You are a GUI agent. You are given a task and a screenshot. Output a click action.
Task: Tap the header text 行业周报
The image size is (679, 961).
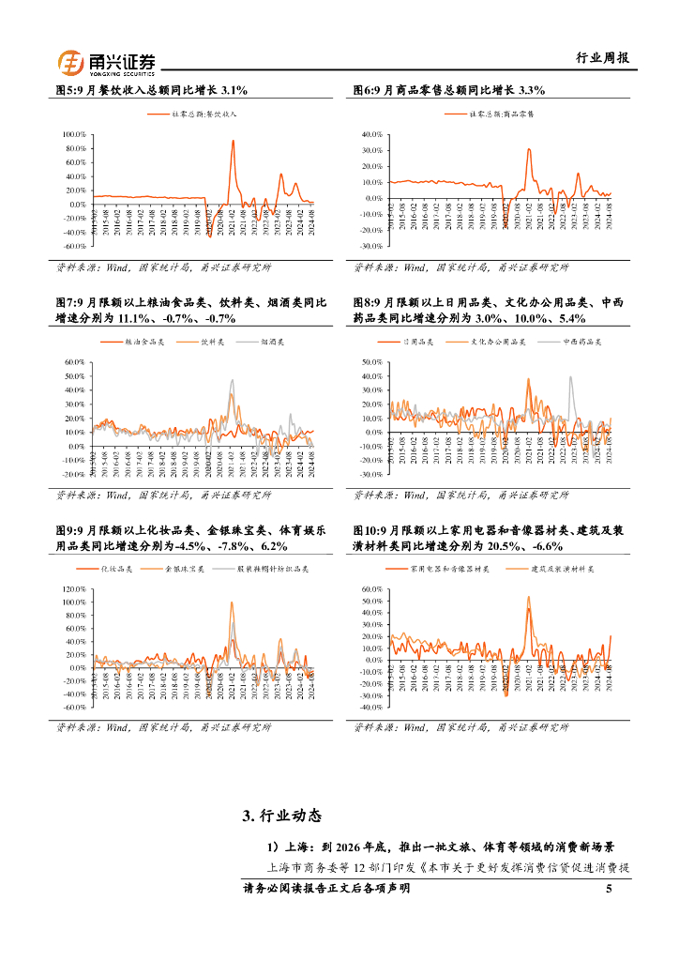click(601, 58)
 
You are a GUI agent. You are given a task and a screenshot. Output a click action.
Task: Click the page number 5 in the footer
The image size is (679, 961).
click(609, 889)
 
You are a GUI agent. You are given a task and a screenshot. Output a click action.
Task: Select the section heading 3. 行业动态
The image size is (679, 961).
click(281, 816)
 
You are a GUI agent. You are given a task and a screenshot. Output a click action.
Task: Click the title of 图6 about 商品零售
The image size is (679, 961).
click(449, 90)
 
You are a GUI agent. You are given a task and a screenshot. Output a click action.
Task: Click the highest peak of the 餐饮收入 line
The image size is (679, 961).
click(233, 141)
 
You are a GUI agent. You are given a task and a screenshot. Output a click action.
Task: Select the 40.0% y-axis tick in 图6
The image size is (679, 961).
click(372, 135)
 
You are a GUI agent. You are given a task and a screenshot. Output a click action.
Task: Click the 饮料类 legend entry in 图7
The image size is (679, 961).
click(213, 343)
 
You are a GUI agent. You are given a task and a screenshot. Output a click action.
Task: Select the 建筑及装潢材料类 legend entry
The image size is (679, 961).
click(560, 569)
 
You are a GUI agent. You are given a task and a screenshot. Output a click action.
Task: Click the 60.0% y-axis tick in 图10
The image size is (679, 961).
click(372, 589)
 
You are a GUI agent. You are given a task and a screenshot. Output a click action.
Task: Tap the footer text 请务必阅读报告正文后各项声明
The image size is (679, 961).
click(326, 889)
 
